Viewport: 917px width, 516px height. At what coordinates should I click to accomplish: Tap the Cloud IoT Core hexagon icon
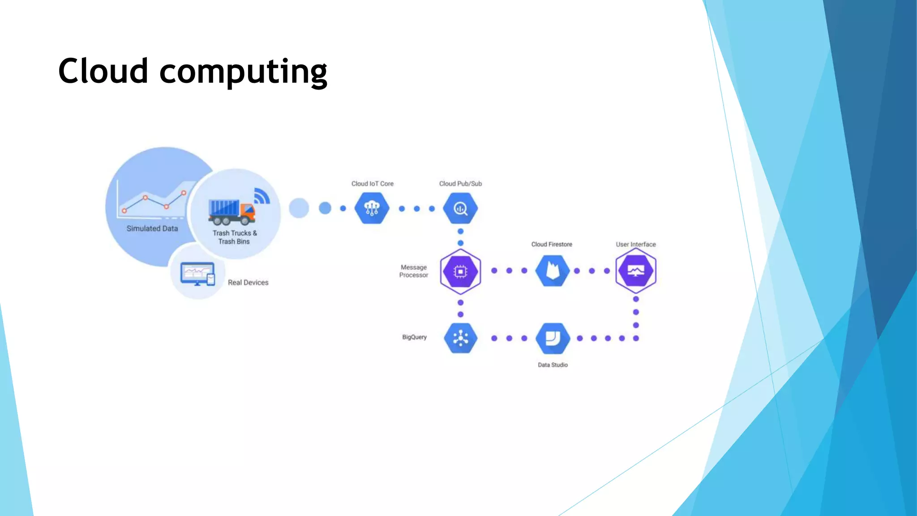[372, 208]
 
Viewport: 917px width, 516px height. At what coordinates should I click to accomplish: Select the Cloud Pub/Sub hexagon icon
[460, 208]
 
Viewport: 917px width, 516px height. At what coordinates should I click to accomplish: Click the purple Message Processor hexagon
[460, 271]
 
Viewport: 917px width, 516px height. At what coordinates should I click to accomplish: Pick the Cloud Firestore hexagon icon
[553, 271]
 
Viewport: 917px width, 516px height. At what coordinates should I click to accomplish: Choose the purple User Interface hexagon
[636, 271]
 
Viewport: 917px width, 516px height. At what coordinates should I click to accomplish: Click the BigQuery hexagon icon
[460, 338]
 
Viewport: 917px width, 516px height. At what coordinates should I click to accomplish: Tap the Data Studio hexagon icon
[553, 338]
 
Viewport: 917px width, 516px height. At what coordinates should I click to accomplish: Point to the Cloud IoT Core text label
[372, 184]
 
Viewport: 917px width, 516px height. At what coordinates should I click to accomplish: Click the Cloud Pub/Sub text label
[460, 184]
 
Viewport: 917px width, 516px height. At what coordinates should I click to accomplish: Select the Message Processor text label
[413, 271]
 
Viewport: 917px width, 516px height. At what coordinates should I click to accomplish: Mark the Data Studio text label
[553, 365]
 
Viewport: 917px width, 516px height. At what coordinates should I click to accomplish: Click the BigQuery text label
[414, 337]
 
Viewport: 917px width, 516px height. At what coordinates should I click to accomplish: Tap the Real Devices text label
[248, 283]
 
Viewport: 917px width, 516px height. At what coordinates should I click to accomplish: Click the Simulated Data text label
[152, 228]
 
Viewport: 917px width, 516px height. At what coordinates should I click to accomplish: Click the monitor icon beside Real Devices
[197, 274]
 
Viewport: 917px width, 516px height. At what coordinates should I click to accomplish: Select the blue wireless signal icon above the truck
[261, 196]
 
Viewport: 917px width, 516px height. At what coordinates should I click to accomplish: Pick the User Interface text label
[635, 245]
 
